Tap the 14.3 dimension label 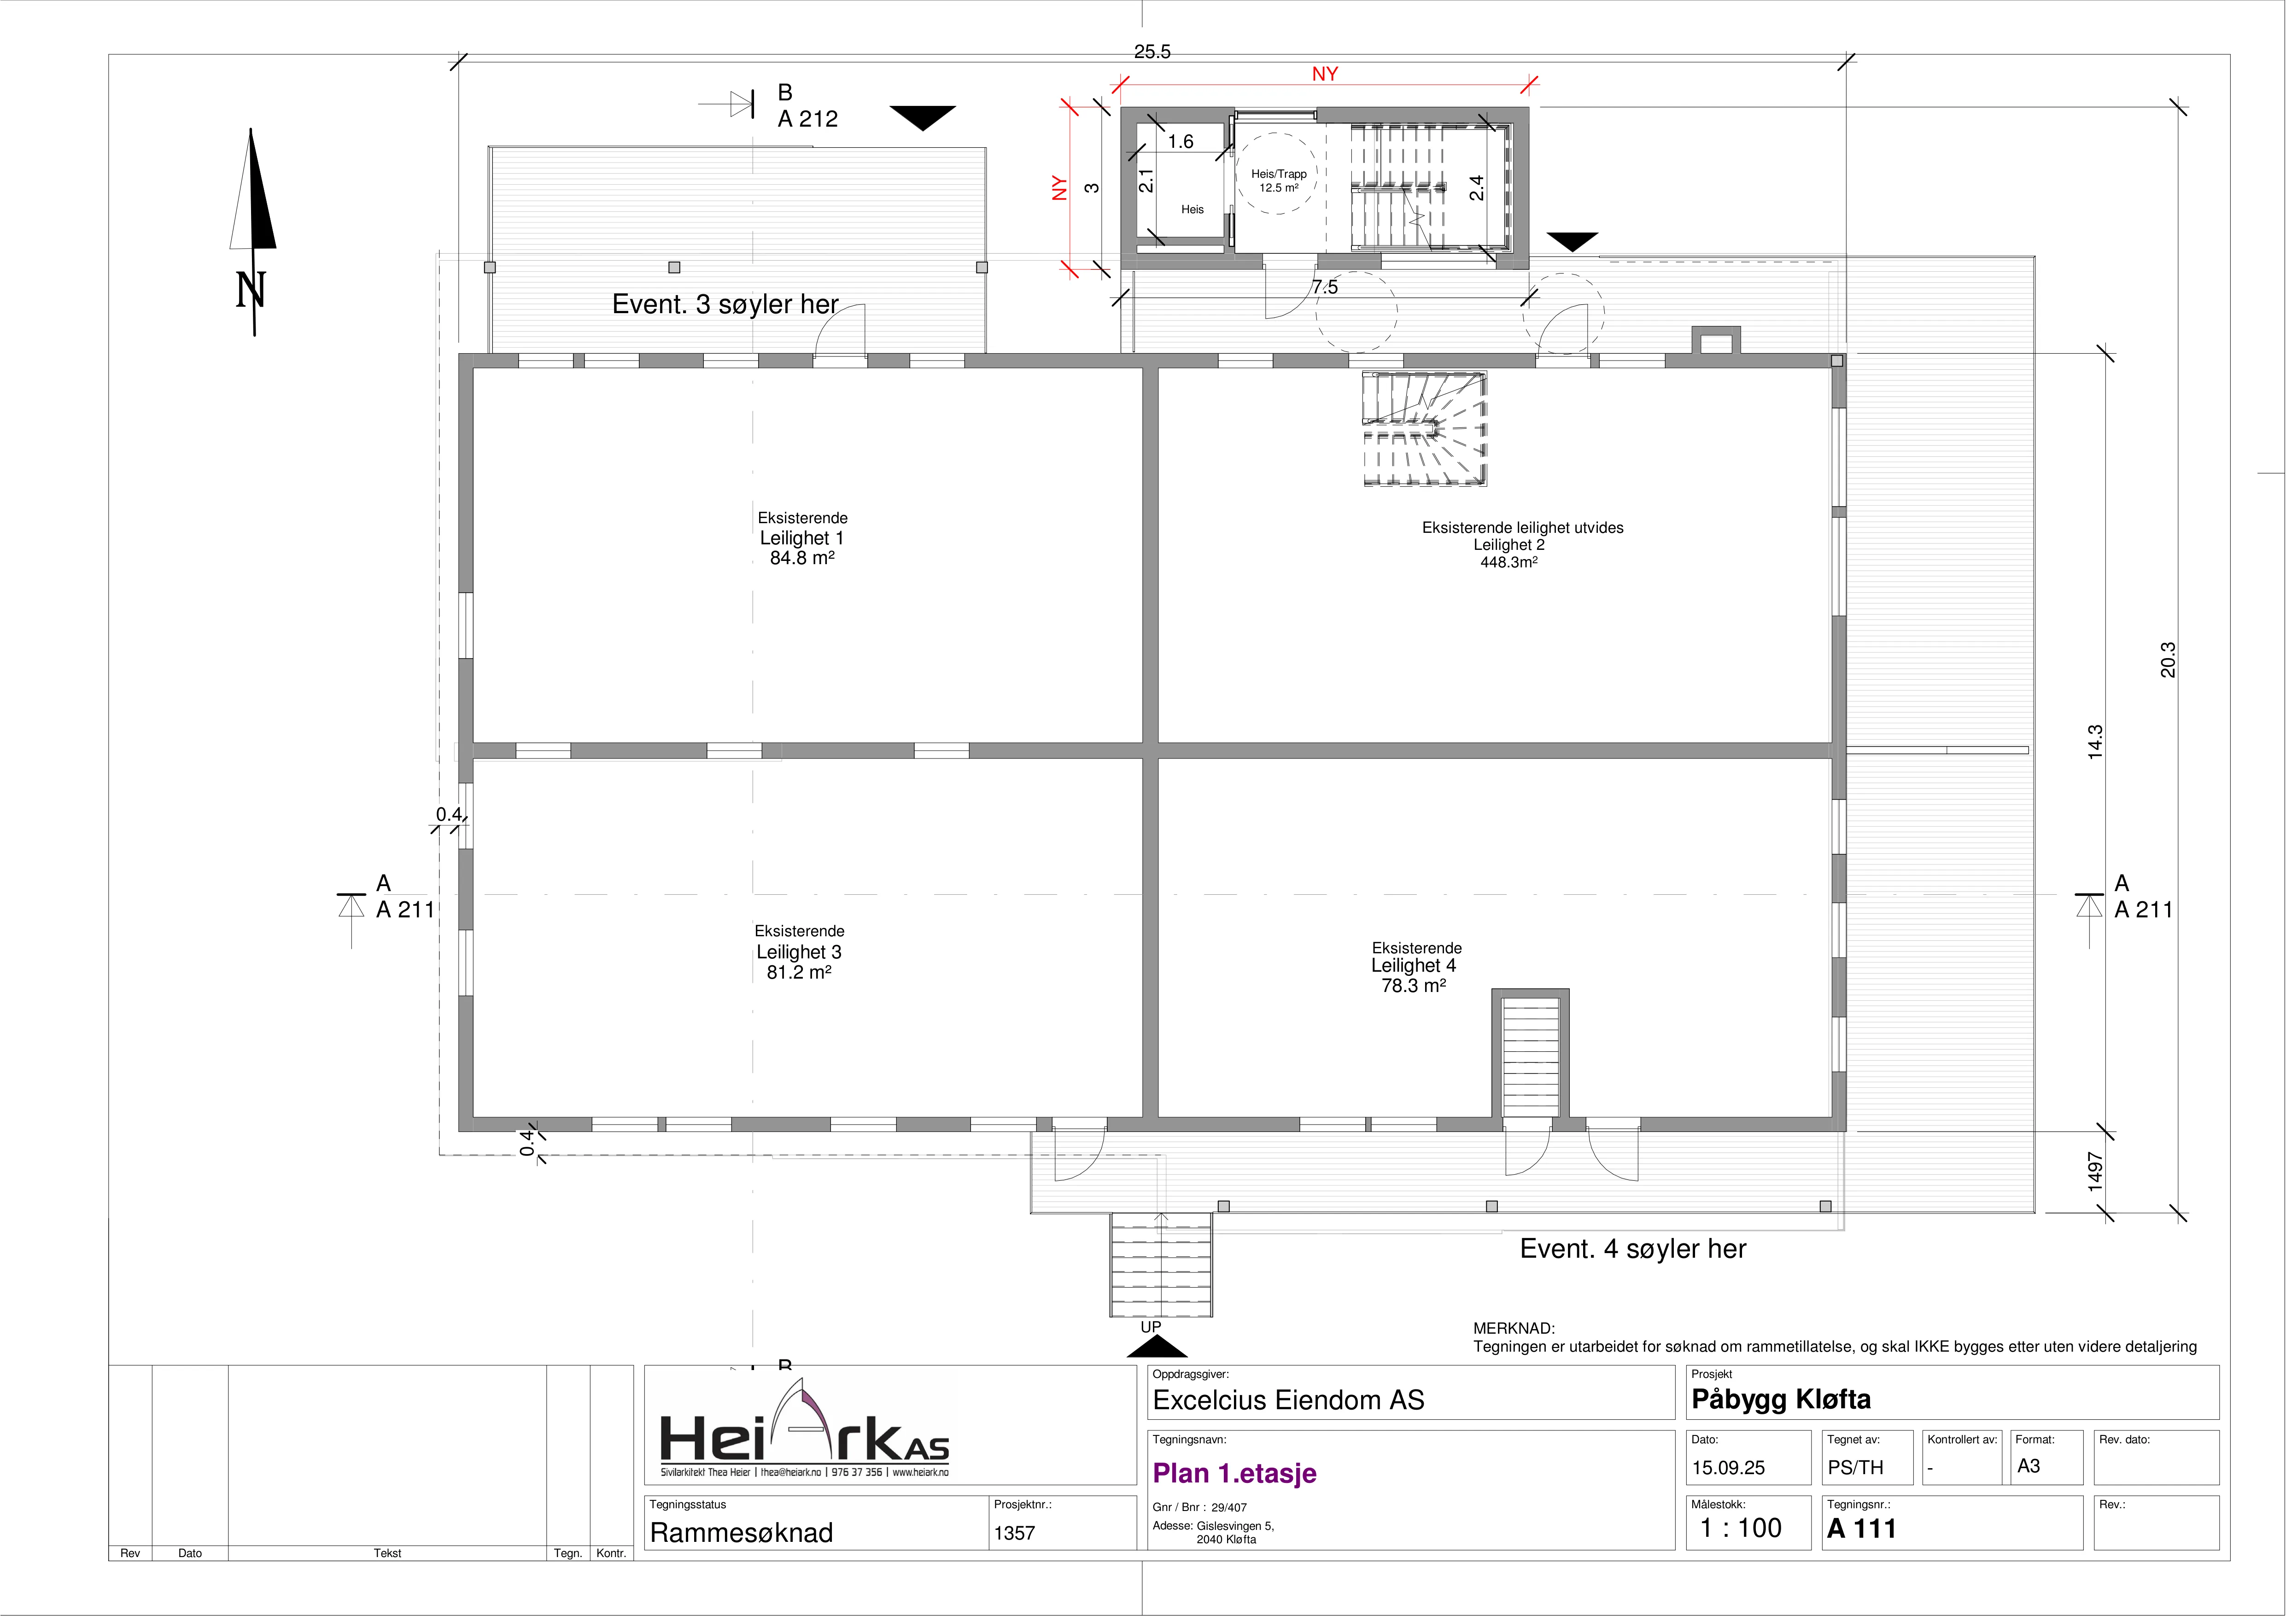coord(2095,742)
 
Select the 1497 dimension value coord(2095,1172)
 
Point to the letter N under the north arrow coord(251,290)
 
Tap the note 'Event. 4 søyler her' coord(1633,1248)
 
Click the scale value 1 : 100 coord(1740,1528)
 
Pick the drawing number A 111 coord(1862,1528)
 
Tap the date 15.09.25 coord(1729,1468)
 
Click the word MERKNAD coord(1514,1328)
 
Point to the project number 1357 coord(1015,1534)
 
